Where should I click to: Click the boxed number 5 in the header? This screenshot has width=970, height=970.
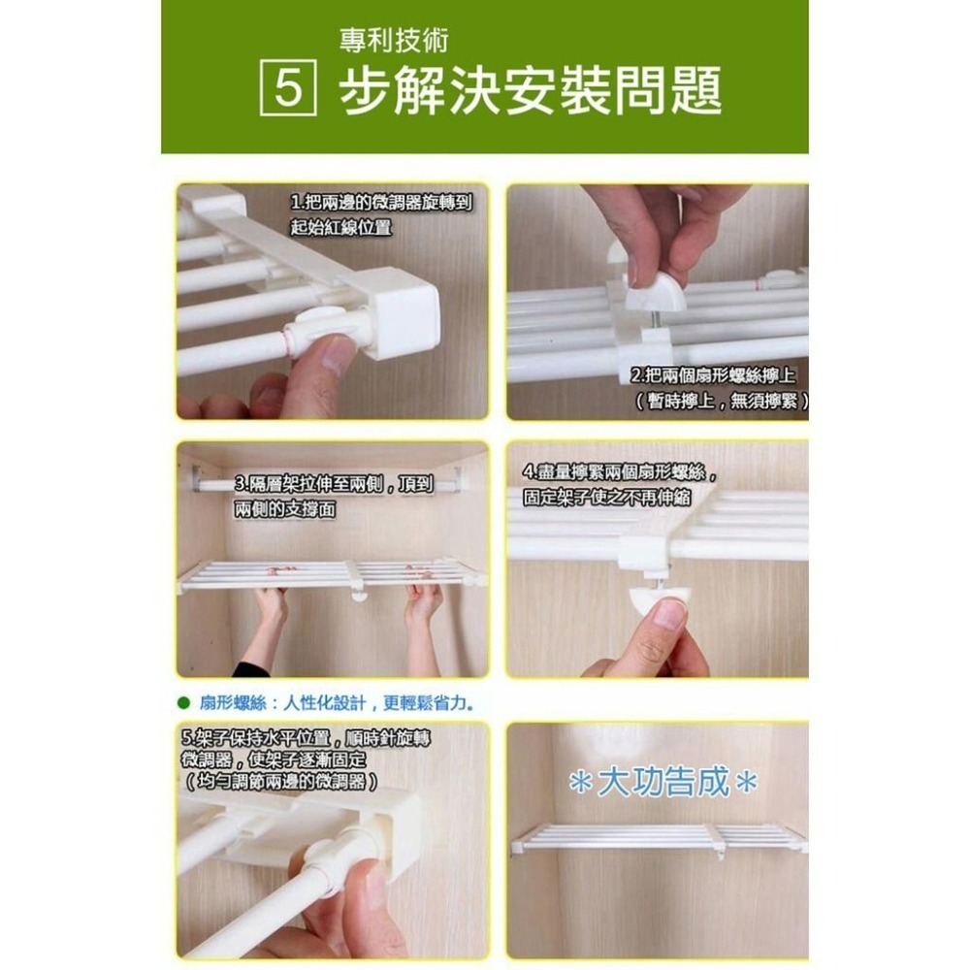[x=288, y=89]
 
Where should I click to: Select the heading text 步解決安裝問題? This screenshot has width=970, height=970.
[x=530, y=92]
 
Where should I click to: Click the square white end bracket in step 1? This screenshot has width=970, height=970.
[x=400, y=312]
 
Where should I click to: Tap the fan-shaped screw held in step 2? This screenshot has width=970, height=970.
[x=654, y=290]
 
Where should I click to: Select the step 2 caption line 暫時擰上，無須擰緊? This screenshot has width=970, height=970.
[x=723, y=402]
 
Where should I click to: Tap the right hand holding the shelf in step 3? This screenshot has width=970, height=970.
[x=424, y=601]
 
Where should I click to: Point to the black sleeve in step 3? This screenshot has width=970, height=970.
[x=250, y=669]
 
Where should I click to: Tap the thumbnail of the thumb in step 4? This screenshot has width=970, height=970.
[x=668, y=614]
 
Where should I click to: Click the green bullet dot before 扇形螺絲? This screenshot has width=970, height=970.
[x=182, y=700]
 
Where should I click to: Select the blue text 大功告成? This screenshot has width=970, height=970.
[x=663, y=783]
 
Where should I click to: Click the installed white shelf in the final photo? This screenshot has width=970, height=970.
[x=660, y=837]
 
